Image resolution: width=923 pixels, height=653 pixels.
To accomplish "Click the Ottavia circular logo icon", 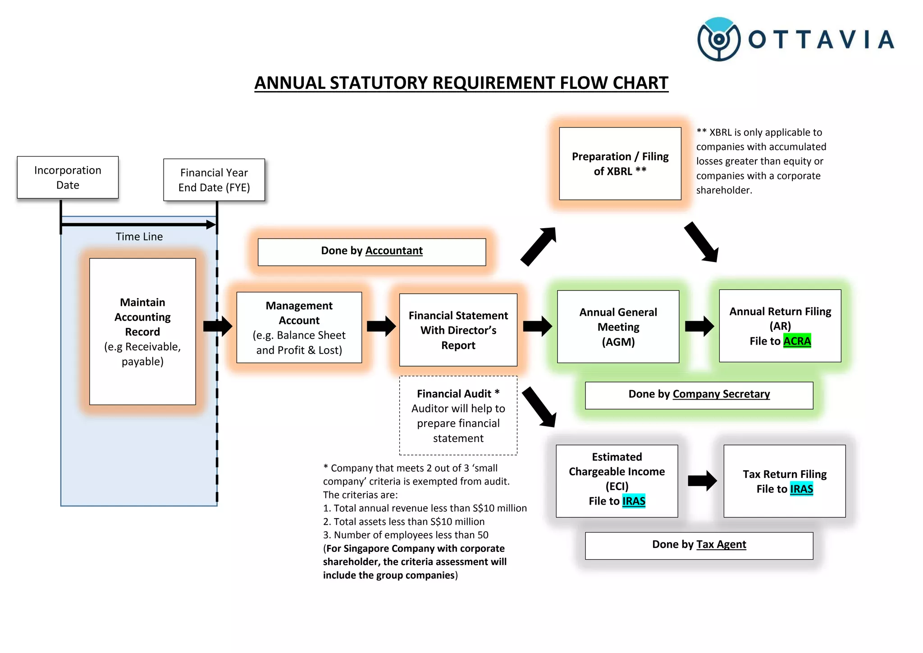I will click(x=718, y=39).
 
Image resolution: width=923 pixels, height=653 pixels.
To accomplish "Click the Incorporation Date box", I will click(x=68, y=177).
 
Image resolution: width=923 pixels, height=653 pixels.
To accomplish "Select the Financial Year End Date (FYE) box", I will click(x=214, y=180).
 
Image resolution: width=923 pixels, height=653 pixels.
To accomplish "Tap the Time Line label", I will click(x=139, y=237).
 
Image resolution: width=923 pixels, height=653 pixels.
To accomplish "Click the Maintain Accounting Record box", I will click(x=142, y=331).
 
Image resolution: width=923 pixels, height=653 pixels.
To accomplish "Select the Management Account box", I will click(x=299, y=327).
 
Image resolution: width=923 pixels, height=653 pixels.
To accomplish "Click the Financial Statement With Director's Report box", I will click(x=458, y=330).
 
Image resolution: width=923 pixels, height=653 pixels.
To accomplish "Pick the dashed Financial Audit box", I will click(x=458, y=415).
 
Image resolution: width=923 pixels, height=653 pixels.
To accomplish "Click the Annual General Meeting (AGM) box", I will click(x=618, y=326).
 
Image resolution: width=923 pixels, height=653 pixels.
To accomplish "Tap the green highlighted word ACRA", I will click(x=797, y=341).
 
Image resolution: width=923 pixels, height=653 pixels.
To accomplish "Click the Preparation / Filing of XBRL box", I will click(x=620, y=164).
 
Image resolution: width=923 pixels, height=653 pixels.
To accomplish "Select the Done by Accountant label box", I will click(x=371, y=252).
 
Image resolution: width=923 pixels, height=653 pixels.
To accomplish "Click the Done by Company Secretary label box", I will click(x=699, y=395).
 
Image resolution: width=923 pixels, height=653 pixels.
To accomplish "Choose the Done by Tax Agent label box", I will click(x=699, y=545).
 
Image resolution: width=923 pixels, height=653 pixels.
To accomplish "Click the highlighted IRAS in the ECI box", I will click(x=634, y=501).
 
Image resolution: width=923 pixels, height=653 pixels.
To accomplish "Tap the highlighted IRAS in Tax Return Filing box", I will click(x=801, y=489).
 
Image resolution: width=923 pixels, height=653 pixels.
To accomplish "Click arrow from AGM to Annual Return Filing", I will click(x=699, y=326).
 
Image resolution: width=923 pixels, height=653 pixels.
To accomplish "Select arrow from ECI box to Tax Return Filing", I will click(x=702, y=481).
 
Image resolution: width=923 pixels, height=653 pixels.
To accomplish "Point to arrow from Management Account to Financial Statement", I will click(x=381, y=326).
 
